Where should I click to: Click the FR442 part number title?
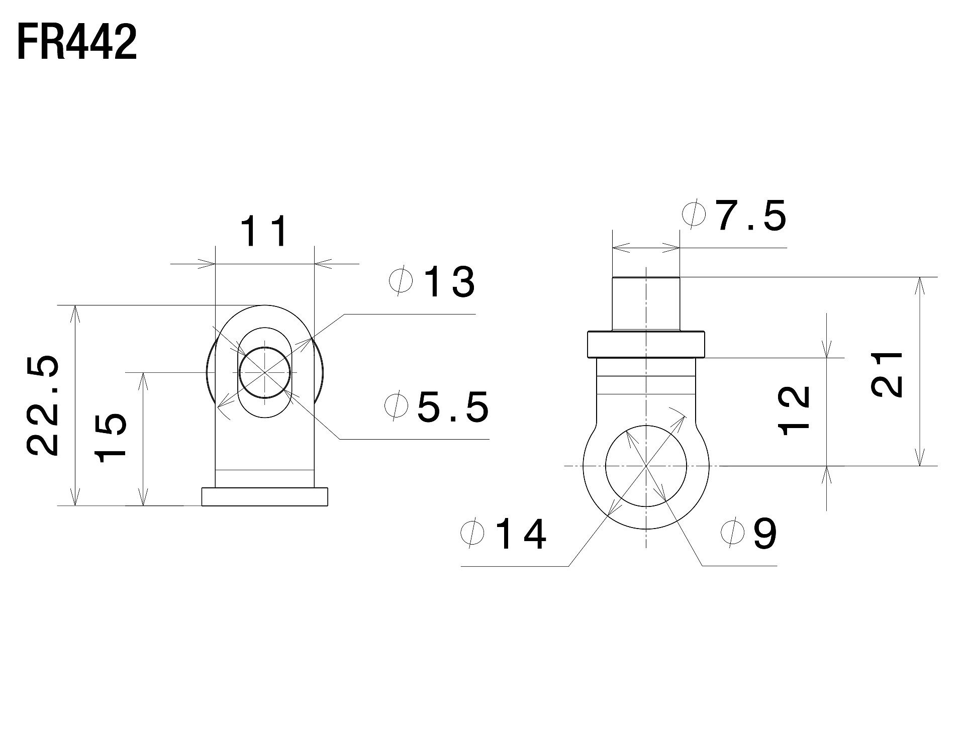pos(77,43)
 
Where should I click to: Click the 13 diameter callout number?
pos(449,282)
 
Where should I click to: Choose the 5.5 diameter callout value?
pos(452,406)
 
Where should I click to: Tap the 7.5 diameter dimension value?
pos(751,216)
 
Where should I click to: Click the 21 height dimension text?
pos(887,374)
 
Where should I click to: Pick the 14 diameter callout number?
pos(520,534)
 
